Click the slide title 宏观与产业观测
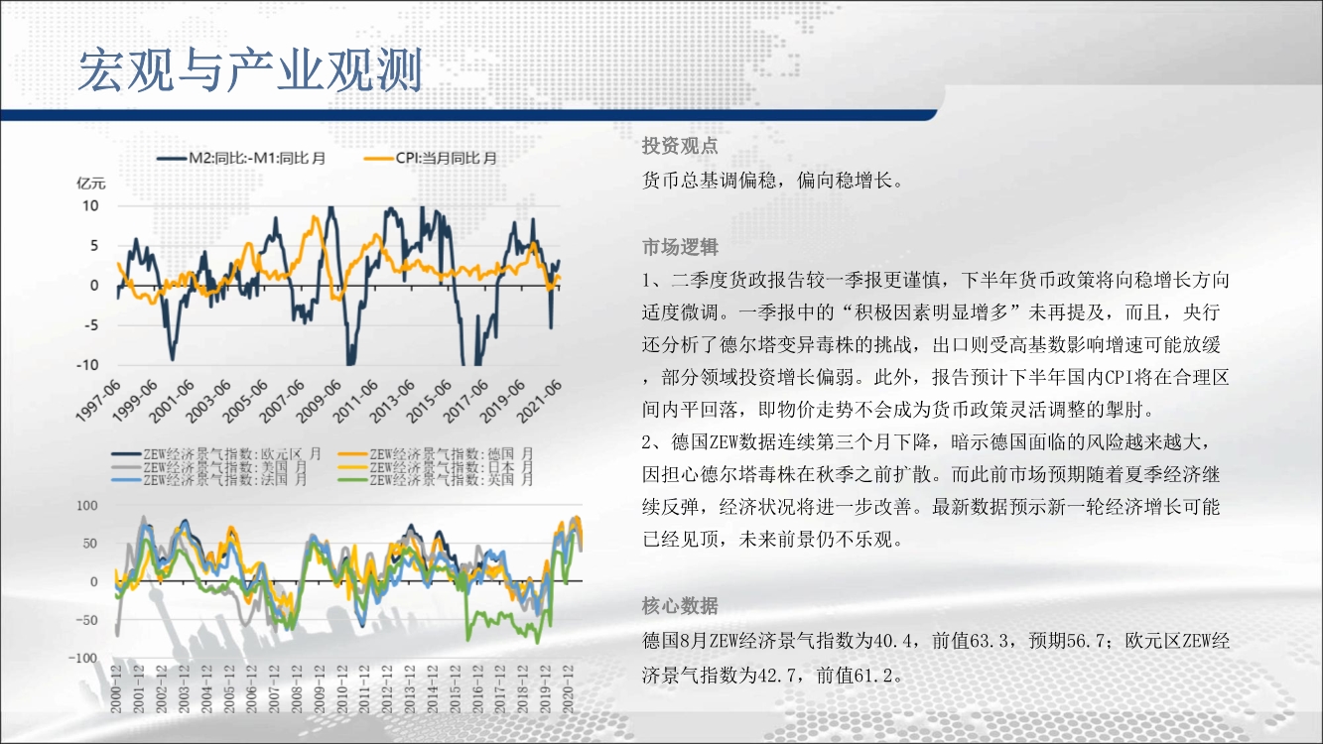(x=250, y=70)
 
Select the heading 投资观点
(x=680, y=145)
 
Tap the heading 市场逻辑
(x=680, y=247)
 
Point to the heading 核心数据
(x=680, y=605)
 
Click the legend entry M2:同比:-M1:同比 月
(x=241, y=159)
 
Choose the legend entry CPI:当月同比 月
(x=430, y=159)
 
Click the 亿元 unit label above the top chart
(x=91, y=184)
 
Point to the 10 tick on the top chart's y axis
(x=90, y=206)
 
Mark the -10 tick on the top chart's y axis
(x=87, y=365)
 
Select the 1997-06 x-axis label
(x=98, y=401)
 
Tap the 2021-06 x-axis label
(x=539, y=401)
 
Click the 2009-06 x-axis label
(x=319, y=401)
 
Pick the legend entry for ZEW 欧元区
(x=216, y=454)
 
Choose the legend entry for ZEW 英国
(x=436, y=479)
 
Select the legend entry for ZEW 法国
(x=209, y=479)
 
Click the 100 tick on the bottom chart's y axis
(x=86, y=506)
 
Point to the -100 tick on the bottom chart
(x=83, y=658)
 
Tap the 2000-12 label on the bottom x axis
(x=116, y=688)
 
